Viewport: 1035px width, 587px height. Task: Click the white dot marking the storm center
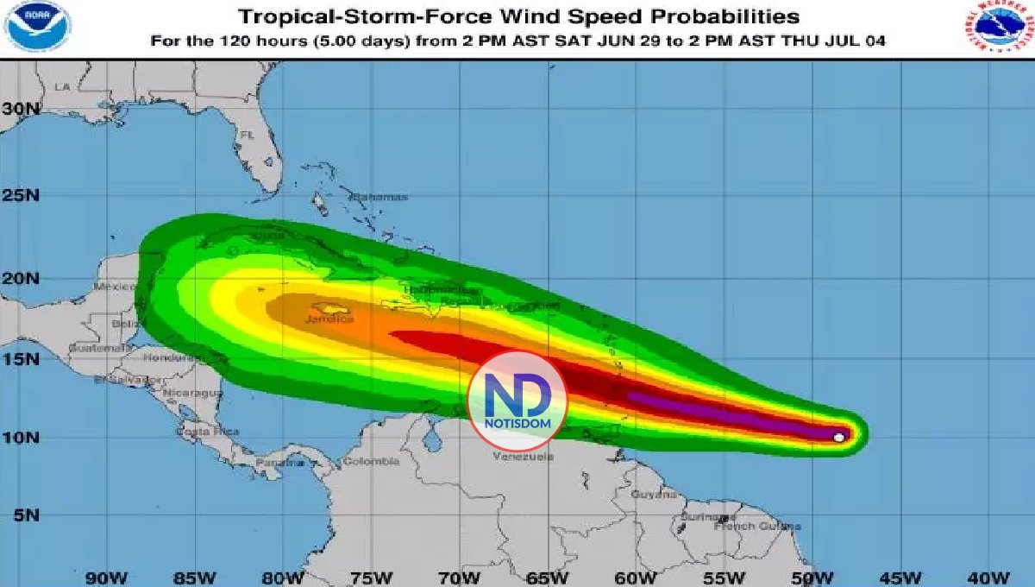[x=839, y=438]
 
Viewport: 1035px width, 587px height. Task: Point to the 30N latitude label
[x=21, y=109]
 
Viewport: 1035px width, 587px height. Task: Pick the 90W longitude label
[x=105, y=577]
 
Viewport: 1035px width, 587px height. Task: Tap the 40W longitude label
[x=990, y=577]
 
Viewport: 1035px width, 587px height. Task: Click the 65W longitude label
[x=548, y=577]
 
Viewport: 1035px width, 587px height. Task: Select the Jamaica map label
[x=329, y=319]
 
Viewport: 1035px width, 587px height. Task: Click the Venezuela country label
[x=523, y=457]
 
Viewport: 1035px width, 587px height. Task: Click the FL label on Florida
[x=248, y=136]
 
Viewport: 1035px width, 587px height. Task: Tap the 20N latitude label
[x=21, y=278]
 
